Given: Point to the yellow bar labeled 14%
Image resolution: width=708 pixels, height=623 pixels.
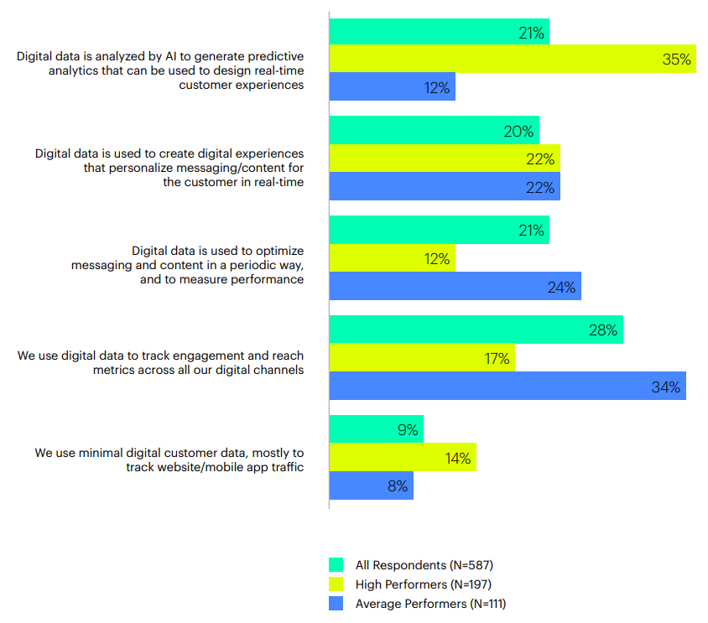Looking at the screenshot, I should pos(403,458).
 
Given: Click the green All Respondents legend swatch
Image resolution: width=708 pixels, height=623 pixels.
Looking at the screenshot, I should pos(336,565).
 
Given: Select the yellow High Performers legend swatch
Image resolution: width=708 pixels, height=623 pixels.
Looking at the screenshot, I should pos(336,584).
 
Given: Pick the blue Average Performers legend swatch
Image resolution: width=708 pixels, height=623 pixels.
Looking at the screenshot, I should pos(336,603).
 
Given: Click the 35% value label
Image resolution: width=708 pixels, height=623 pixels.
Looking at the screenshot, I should pos(676,60).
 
